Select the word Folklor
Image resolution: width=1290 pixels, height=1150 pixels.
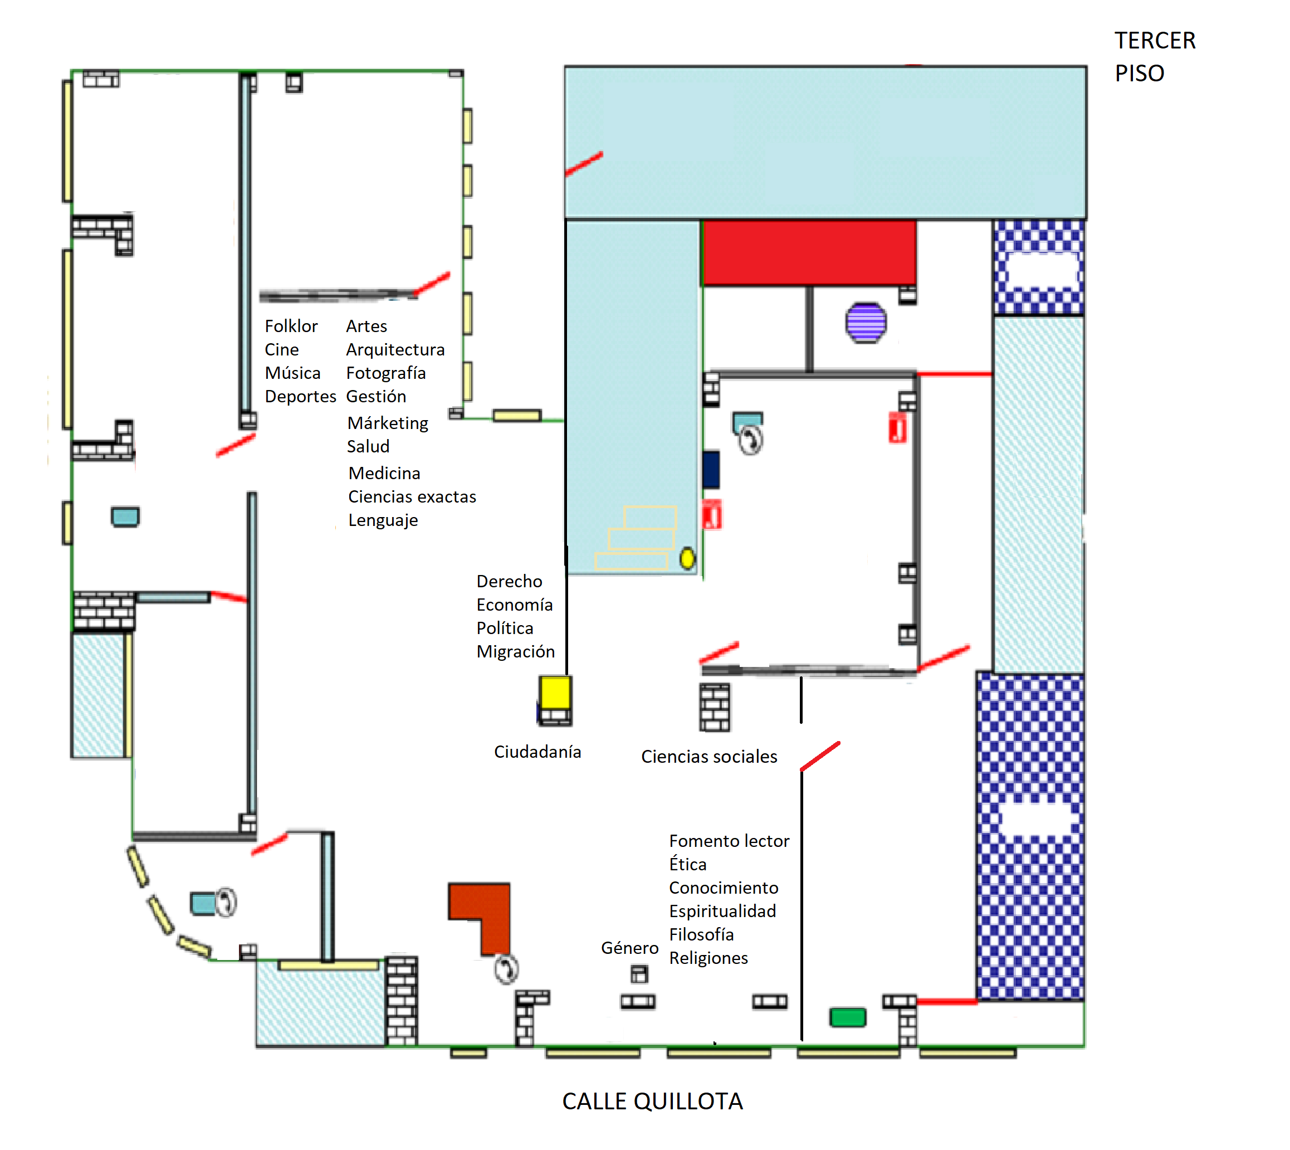[x=291, y=326]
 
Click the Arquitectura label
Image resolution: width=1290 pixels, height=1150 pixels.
[x=395, y=349]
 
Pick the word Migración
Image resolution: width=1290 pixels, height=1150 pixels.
[x=515, y=651]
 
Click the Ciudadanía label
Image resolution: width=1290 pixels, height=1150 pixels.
[x=537, y=752]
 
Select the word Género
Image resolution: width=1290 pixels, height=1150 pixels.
[x=629, y=948]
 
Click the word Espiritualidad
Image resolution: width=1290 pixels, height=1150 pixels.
[x=722, y=911]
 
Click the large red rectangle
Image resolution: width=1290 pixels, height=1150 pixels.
[x=809, y=252]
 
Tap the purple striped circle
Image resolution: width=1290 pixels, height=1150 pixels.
[x=866, y=323]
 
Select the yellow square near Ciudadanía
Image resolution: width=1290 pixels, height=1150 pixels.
[x=555, y=693]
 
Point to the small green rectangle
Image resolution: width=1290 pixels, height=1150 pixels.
[x=847, y=1017]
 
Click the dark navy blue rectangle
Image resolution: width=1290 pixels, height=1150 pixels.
[x=711, y=470]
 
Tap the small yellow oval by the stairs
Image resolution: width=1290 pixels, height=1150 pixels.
[x=687, y=559]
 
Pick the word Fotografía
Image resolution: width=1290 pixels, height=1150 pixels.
[x=385, y=373]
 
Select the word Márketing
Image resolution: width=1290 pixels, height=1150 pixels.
[x=387, y=423]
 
